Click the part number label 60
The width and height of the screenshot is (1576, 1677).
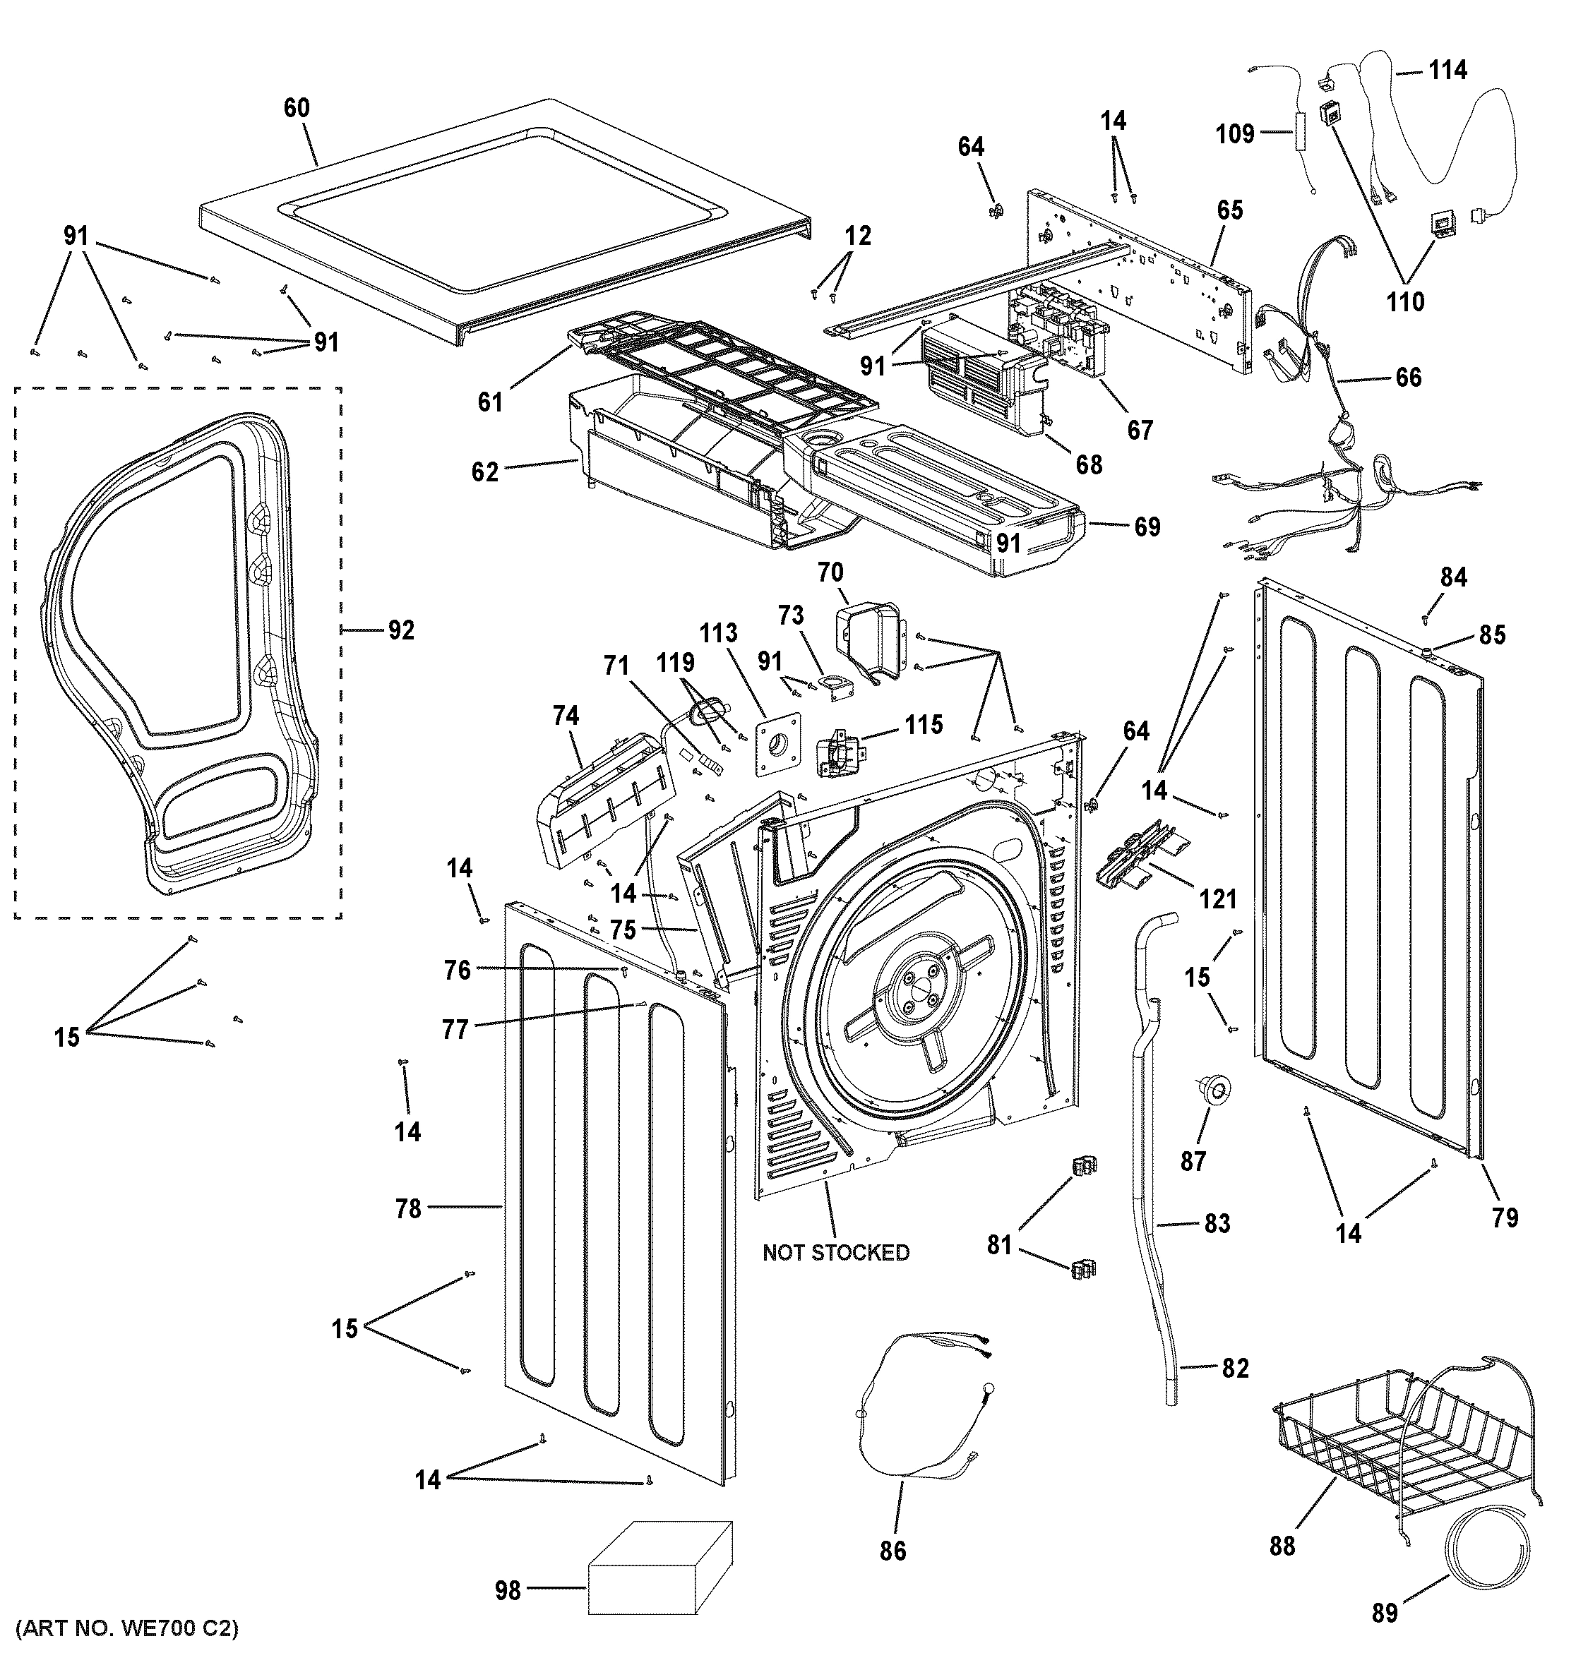coord(296,108)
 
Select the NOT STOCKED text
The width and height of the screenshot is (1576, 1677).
coord(835,1253)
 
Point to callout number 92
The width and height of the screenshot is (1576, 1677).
coord(401,630)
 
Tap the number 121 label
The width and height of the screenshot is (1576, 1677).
coord(1217,899)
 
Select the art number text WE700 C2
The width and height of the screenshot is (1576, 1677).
coord(126,1652)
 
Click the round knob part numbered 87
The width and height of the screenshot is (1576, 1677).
coord(1213,1090)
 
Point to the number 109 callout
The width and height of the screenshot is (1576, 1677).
coord(1235,133)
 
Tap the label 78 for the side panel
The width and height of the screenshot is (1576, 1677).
coord(408,1209)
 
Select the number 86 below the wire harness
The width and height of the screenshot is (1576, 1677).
coord(893,1551)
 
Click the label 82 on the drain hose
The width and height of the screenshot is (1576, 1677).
coord(1235,1367)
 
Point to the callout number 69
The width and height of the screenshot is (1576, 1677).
coord(1147,527)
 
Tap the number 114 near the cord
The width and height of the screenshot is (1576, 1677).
coord(1447,70)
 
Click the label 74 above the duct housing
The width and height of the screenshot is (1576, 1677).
coord(566,716)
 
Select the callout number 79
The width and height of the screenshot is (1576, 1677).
coord(1504,1218)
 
